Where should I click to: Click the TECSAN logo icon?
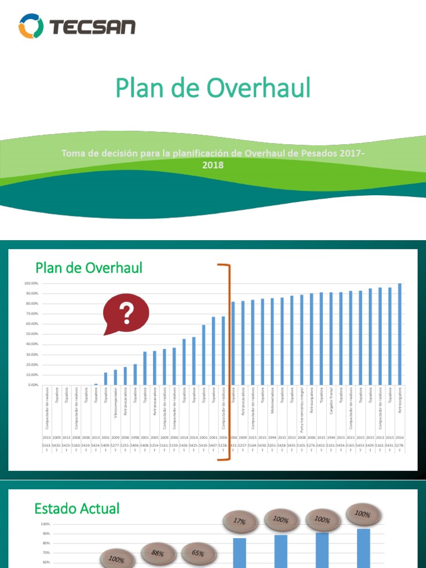coord(31,27)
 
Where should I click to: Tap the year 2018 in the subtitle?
coord(213,165)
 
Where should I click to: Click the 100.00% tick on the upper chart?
coord(30,283)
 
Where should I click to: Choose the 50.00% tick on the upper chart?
coord(30,334)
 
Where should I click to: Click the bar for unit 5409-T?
coord(106,379)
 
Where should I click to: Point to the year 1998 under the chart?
coord(135,438)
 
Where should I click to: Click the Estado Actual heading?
coord(77,509)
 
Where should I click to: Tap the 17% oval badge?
coord(240,521)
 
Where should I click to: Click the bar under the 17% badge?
coord(240,552)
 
